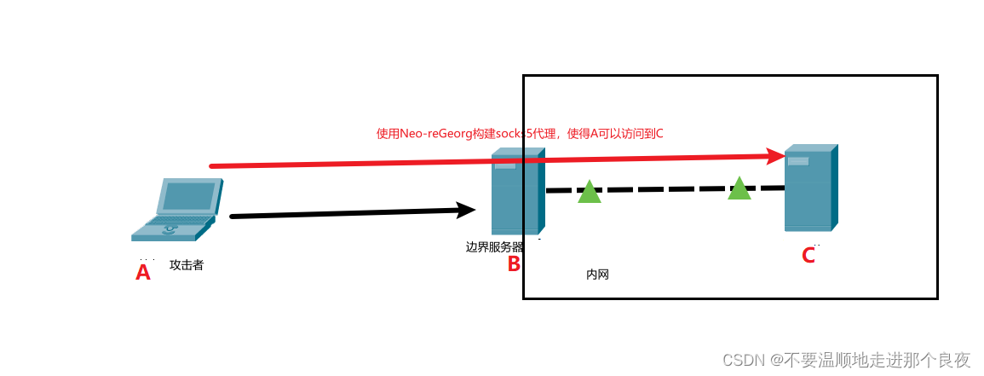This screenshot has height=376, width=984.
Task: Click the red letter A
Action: [x=143, y=272]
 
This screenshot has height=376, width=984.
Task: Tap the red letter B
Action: [x=514, y=263]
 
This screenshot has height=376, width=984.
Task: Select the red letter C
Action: [x=808, y=255]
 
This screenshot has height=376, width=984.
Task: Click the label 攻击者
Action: [x=187, y=265]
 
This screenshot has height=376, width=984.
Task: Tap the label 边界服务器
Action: [x=495, y=247]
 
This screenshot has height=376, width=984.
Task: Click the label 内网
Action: [x=597, y=275]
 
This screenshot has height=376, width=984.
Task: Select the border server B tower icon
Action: [x=515, y=193]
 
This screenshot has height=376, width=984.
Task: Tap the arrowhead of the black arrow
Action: [x=466, y=211]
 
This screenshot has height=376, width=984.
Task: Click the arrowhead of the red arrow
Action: [x=776, y=156]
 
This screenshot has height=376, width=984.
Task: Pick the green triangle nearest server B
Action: [x=590, y=193]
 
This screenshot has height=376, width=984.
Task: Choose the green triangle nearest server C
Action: [x=739, y=189]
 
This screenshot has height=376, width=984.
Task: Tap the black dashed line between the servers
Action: [x=665, y=189]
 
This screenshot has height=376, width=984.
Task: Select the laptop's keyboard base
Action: [x=170, y=227]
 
